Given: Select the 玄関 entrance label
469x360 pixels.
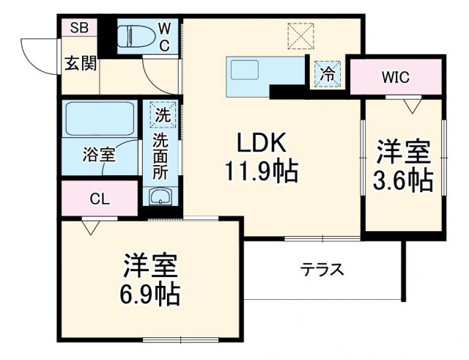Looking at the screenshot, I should [79, 63].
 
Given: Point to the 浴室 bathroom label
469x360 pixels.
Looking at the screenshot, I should [98, 156].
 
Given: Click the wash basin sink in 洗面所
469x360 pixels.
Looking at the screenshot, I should [160, 196].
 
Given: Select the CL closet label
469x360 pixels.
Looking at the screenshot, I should [100, 199].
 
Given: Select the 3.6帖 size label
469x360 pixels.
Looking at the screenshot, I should [403, 180].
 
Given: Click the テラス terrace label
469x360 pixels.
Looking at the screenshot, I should [322, 269].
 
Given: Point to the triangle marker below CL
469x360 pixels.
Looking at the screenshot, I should [89, 228].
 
